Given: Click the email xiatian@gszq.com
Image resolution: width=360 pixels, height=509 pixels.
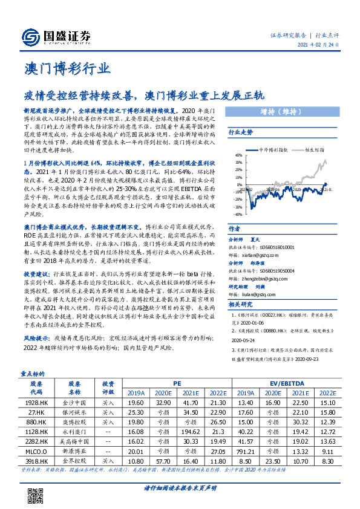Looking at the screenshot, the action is [x=250, y=256].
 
